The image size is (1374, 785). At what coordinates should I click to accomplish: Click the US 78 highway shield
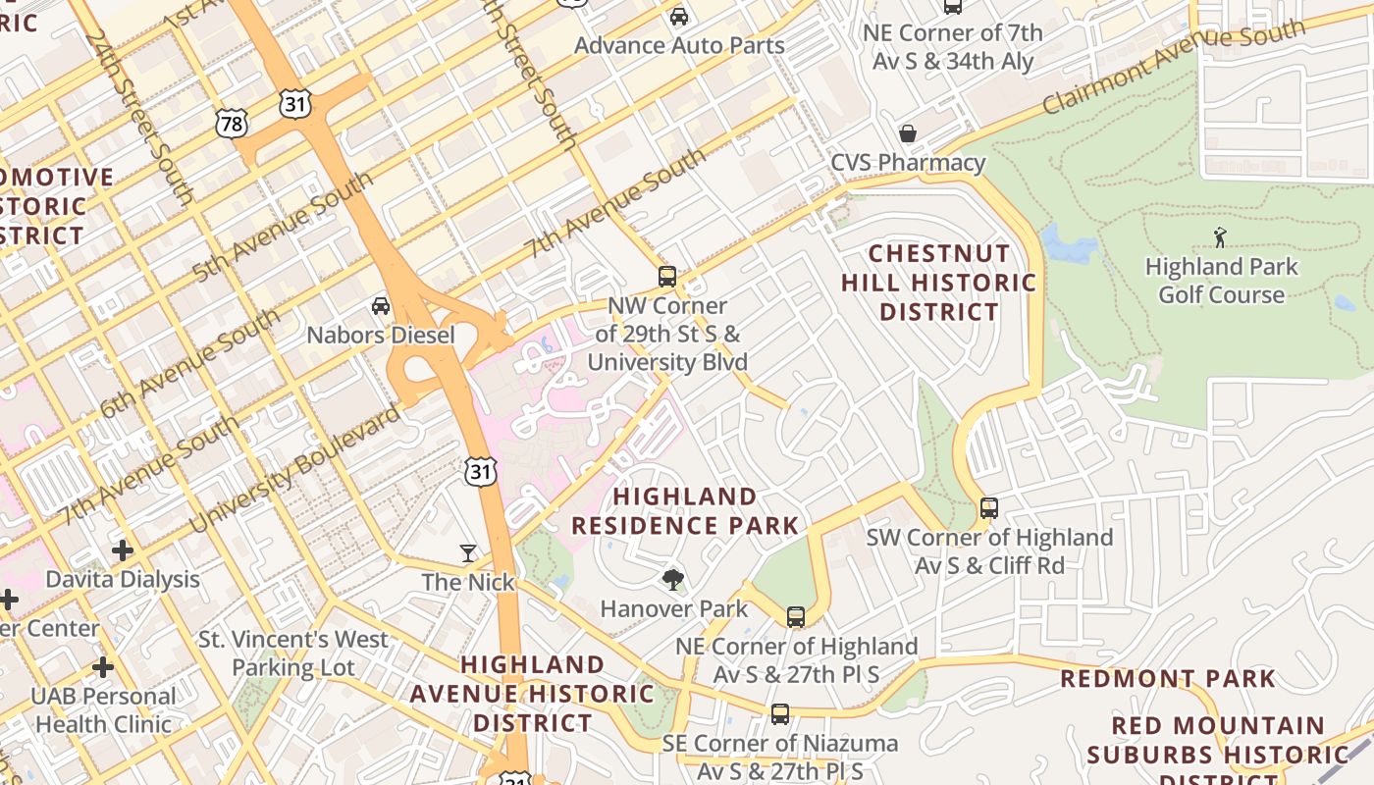232,123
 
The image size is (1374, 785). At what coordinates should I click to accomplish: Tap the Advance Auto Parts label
679,45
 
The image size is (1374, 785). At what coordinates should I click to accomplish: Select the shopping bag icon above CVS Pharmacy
908,132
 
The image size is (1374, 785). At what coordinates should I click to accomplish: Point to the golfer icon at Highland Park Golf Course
1220,236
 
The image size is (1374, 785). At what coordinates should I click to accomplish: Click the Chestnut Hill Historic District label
938,283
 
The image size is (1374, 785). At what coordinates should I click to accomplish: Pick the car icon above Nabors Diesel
380,306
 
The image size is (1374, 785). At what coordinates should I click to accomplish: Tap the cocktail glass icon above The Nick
468,553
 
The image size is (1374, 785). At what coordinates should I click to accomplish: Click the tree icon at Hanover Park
672,580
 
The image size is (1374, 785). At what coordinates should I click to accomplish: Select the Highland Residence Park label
685,511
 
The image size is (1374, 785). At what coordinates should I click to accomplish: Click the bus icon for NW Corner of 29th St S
667,277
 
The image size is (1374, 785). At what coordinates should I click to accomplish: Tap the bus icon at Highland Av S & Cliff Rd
989,508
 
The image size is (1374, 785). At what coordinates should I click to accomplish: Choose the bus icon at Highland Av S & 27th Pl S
796,617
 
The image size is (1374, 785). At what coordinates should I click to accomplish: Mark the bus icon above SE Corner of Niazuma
780,714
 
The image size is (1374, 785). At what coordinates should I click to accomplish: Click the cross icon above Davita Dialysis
123,550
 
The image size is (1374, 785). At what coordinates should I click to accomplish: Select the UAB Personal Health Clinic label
104,710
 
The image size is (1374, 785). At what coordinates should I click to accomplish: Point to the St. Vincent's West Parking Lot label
293,654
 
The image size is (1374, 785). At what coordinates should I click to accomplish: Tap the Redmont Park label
1168,678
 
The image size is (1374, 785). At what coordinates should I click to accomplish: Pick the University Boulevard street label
293,469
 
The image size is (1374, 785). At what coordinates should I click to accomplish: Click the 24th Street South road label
138,116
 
